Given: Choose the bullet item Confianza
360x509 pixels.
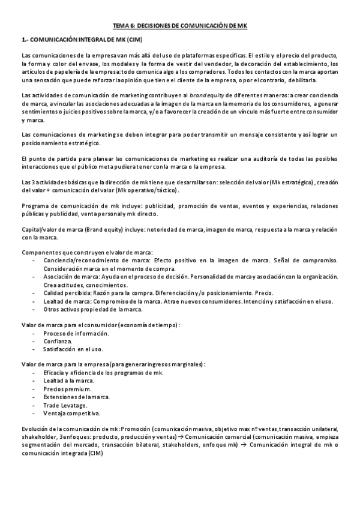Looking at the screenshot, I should [58, 340].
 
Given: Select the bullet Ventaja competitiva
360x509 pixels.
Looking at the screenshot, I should [71, 413].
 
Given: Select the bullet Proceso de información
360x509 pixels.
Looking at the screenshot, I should [76, 333].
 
